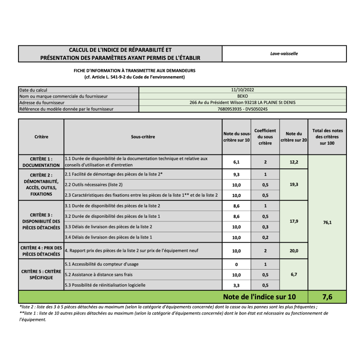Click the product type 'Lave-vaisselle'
284,54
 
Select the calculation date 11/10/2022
243,90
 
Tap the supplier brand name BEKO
243,96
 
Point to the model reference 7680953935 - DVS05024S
243,109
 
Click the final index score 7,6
327,297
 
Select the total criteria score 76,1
327,222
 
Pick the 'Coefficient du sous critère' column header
265,137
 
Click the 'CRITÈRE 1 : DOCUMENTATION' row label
41,162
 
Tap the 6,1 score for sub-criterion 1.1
236,162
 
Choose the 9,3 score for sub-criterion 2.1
236,174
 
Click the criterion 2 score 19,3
293,184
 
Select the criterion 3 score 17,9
293,221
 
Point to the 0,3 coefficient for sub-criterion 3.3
265,227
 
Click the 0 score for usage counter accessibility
236,265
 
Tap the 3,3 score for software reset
236,285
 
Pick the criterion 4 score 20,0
293,251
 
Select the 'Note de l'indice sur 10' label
260,297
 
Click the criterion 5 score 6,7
293,274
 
